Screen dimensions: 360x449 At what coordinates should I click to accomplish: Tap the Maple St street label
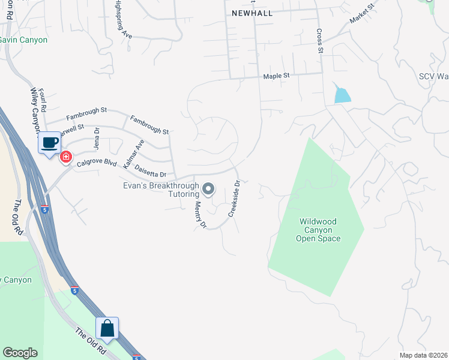276,76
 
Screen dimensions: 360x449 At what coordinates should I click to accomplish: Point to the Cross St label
320,41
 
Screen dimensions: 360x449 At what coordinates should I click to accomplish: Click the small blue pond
342,94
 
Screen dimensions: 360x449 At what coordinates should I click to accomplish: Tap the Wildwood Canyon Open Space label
318,230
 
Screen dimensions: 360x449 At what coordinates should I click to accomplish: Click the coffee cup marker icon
50,143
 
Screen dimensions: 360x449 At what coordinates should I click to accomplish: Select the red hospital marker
65,157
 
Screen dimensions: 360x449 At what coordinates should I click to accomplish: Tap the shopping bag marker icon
107,328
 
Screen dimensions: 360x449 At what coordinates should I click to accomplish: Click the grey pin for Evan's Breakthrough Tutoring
208,189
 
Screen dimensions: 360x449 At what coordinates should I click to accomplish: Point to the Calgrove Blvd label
97,161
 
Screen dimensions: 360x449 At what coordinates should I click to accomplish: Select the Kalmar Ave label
134,154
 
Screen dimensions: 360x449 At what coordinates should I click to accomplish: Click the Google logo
20,353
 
